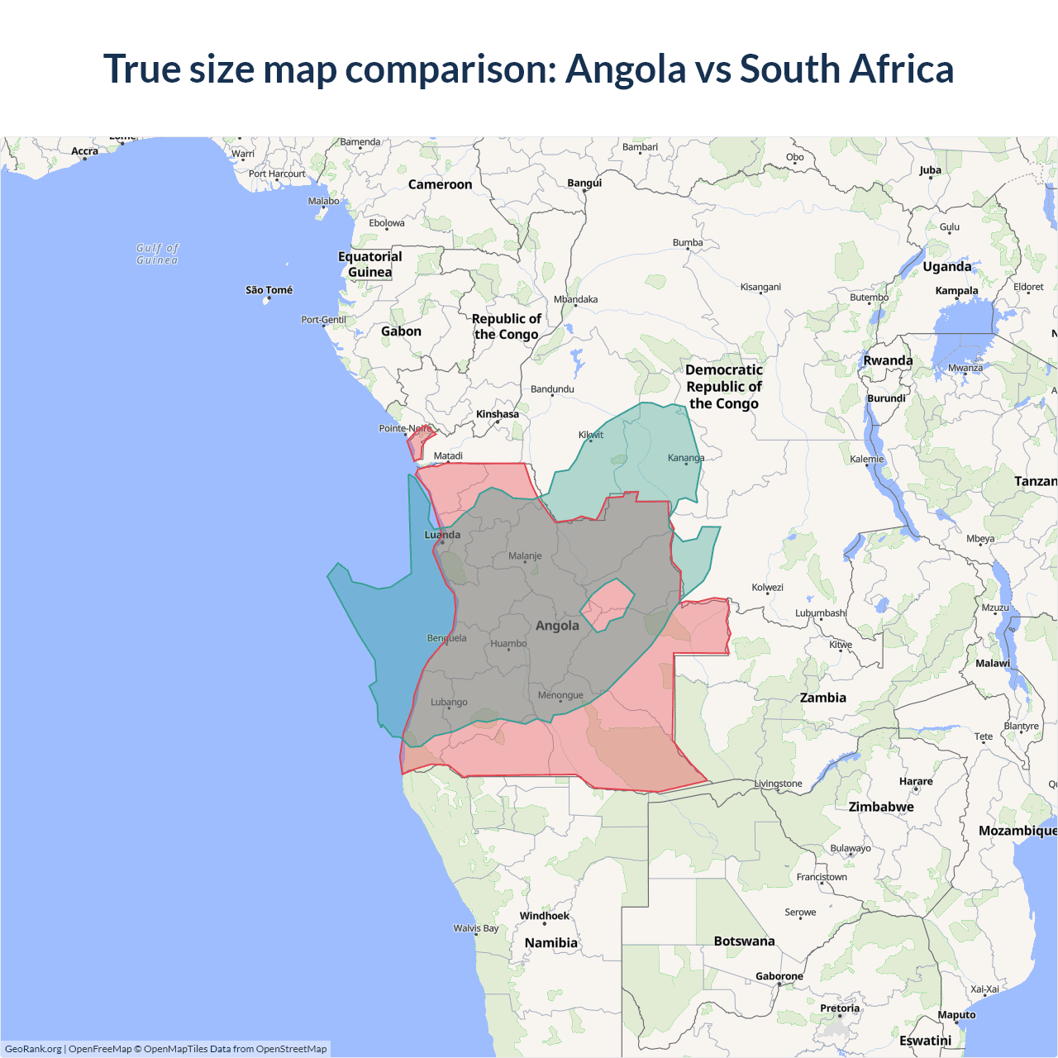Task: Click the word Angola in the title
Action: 625,69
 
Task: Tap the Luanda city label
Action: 442,535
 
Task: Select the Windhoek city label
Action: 544,916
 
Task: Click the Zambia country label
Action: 822,698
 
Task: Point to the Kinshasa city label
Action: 497,414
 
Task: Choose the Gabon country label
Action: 401,331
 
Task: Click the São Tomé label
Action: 269,290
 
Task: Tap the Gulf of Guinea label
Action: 157,254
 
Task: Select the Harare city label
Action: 915,781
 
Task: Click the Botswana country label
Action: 744,941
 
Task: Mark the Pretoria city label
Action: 840,1008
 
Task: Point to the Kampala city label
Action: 956,291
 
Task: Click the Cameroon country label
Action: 440,185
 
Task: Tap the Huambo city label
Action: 508,644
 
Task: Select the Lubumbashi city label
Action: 821,613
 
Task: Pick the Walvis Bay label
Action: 476,928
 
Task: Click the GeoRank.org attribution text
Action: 33,1049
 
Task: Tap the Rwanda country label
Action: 888,361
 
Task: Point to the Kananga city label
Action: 686,458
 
